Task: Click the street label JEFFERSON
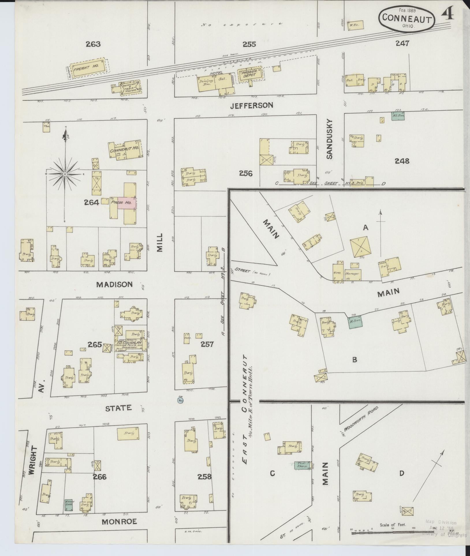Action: pyautogui.click(x=251, y=106)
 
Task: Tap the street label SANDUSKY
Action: pyautogui.click(x=330, y=139)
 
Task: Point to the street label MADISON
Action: pyautogui.click(x=114, y=284)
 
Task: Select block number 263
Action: pyautogui.click(x=93, y=44)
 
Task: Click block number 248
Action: pyautogui.click(x=402, y=161)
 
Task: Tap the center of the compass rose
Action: pyautogui.click(x=65, y=174)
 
